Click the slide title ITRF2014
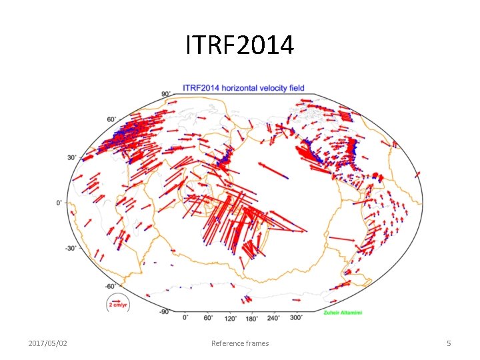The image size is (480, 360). pos(239,46)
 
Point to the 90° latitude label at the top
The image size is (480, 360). pos(165,94)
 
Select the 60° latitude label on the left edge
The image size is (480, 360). pos(111,119)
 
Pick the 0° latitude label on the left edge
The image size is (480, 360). pos(60,202)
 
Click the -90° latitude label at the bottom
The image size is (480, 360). pos(163,311)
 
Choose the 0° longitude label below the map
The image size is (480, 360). pos(185,317)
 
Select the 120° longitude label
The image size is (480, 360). pos(229,317)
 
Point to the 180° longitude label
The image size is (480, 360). pos(251,317)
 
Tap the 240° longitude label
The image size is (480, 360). pos(273,317)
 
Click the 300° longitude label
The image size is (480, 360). pos(295,317)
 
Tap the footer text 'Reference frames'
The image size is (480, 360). pos(240,343)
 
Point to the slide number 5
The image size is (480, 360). pos(449,343)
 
